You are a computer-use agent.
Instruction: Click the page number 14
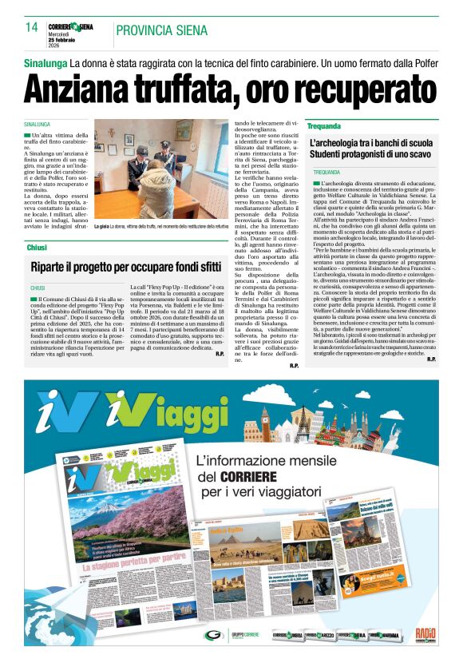click(32, 28)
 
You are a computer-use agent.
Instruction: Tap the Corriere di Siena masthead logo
click(70, 26)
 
